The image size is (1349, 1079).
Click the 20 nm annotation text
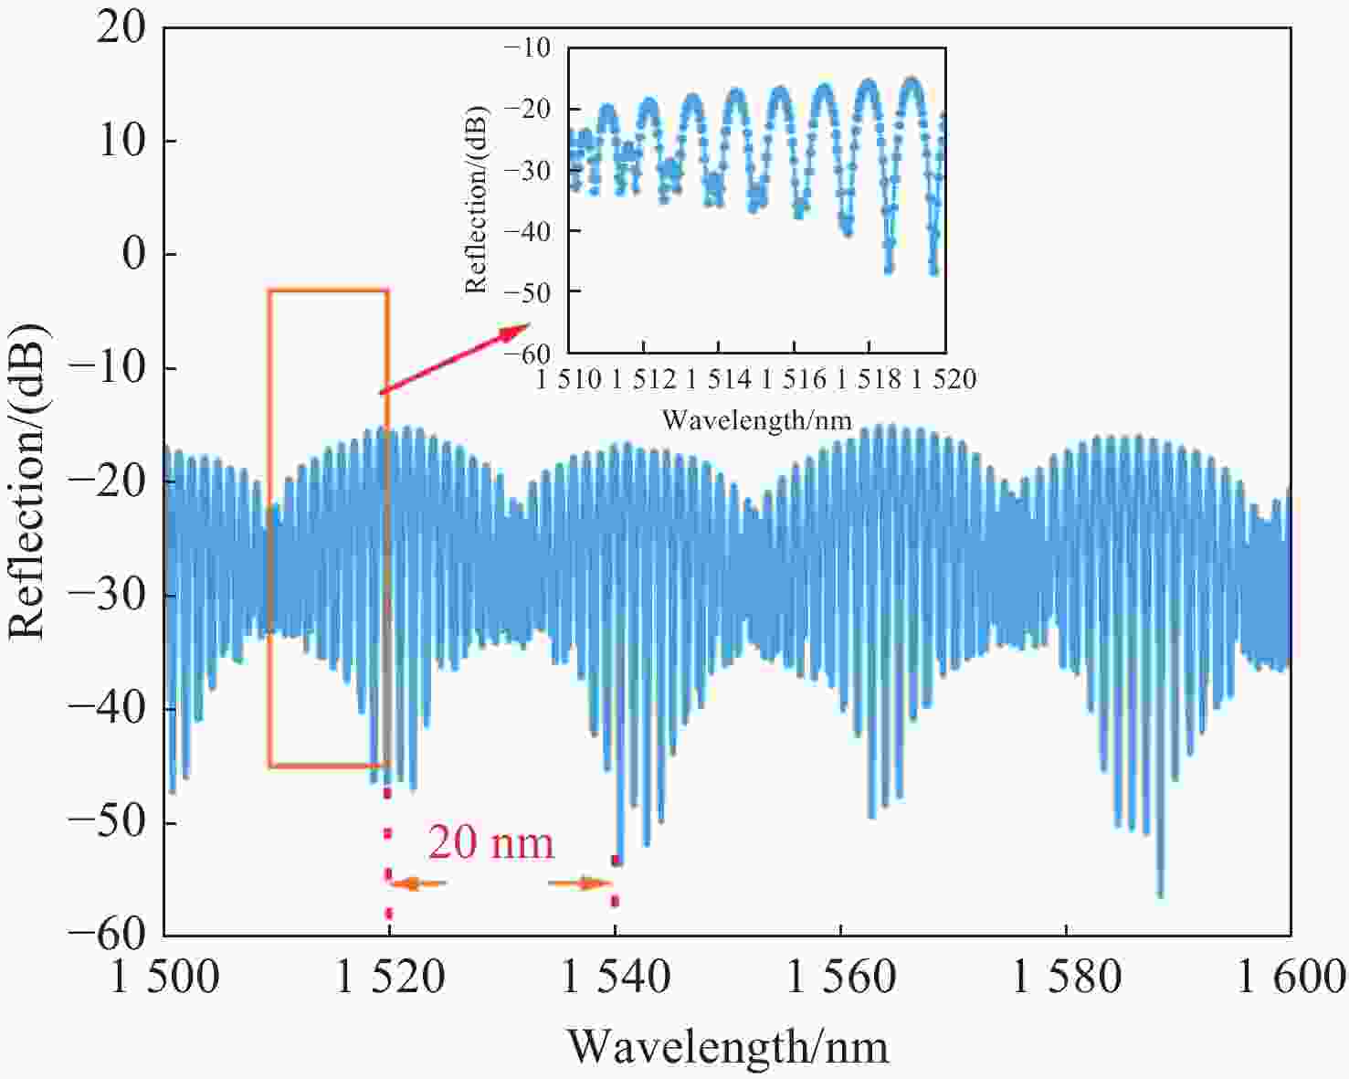click(490, 842)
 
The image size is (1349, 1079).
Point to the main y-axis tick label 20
click(122, 28)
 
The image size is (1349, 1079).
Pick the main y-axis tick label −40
click(108, 710)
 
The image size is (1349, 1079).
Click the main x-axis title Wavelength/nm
click(728, 1046)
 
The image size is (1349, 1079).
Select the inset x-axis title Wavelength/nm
click(756, 420)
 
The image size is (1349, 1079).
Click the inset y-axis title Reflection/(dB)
click(477, 200)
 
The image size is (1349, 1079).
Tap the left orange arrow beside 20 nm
click(419, 883)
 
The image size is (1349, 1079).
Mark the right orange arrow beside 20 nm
click(581, 883)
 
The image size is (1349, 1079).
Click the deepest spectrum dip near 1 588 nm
click(1160, 894)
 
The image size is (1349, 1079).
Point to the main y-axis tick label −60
click(108, 934)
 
